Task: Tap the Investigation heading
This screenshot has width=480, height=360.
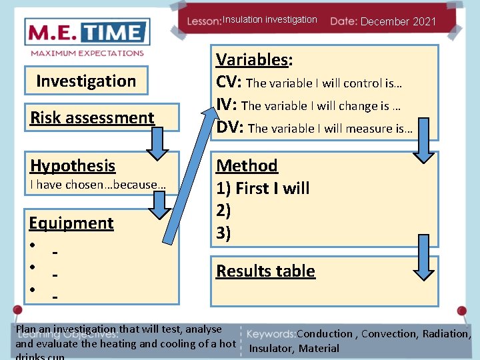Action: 86,81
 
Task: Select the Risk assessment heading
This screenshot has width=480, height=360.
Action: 92,118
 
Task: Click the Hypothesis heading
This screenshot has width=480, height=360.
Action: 73,166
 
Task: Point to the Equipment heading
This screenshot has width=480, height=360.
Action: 71,223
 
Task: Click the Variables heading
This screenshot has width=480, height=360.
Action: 254,60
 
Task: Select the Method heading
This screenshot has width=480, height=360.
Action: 247,165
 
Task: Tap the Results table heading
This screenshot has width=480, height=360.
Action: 265,271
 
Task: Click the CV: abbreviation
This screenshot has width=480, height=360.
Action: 229,83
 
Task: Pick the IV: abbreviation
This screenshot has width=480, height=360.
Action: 227,105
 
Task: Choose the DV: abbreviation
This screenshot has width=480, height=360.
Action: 230,128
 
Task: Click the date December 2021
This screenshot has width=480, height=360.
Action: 398,21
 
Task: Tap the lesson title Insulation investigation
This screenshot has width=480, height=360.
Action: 269,20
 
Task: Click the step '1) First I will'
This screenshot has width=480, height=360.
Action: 263,189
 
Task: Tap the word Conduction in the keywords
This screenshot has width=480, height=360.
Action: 325,334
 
